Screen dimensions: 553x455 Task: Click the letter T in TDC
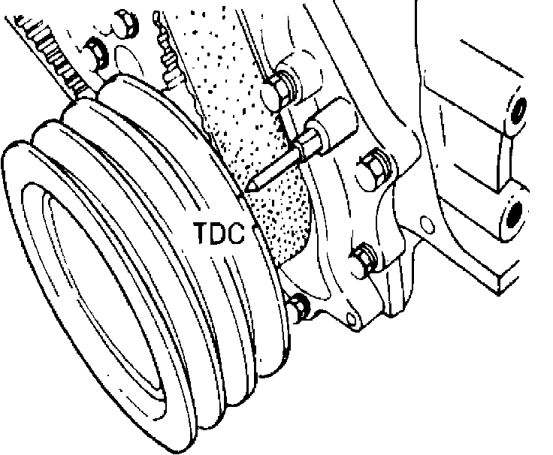[x=202, y=233]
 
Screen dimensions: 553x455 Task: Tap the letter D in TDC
[x=219, y=233]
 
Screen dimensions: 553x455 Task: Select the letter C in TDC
[x=236, y=233]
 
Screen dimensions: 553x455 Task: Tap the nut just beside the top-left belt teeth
[x=95, y=52]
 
